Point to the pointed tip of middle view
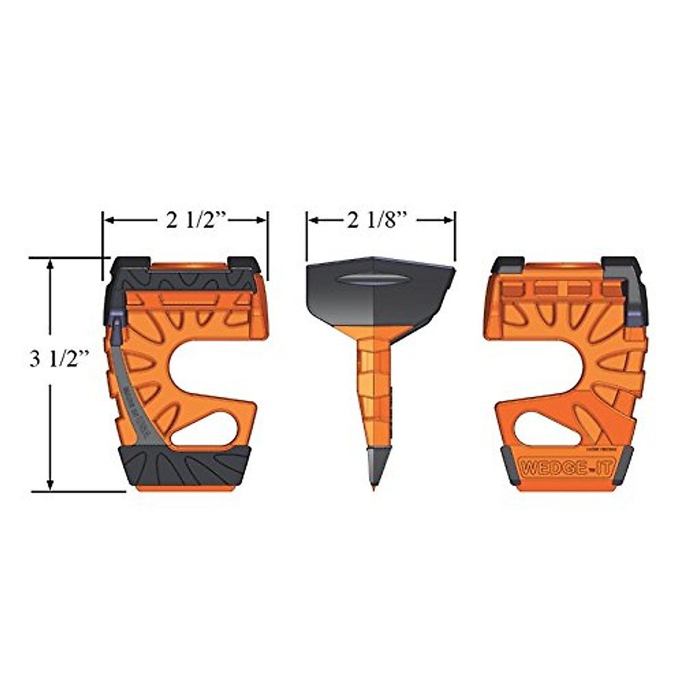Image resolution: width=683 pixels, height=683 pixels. (x=375, y=487)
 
